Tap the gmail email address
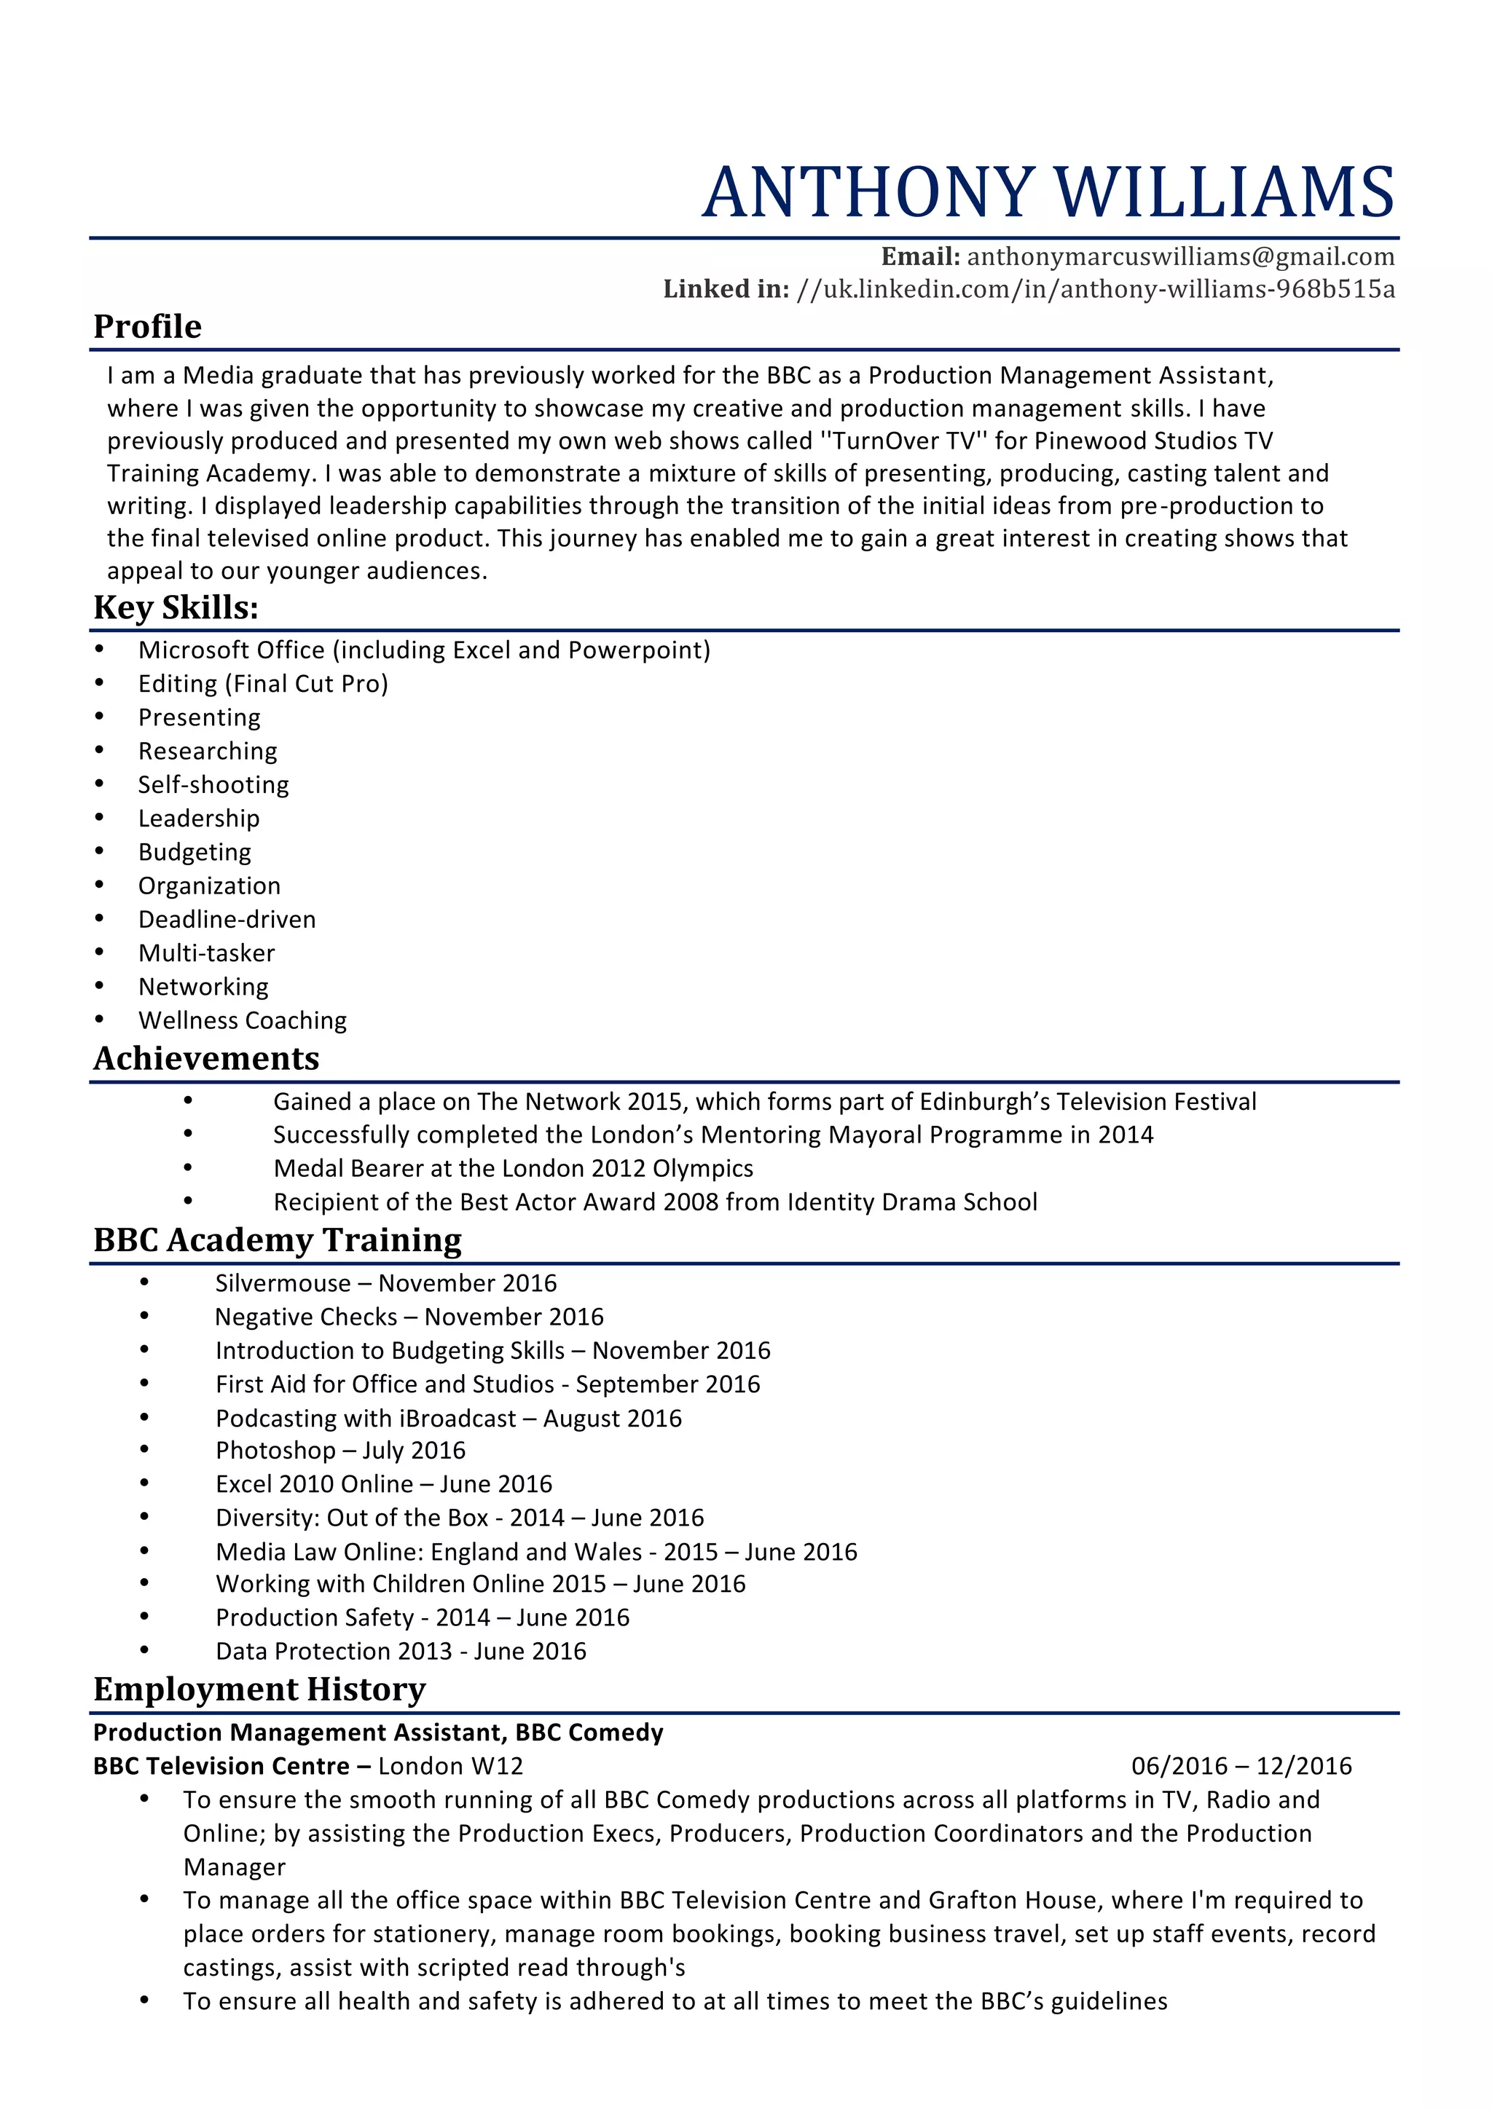[x=1180, y=256]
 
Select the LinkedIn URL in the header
[x=1095, y=289]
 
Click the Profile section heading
[x=147, y=327]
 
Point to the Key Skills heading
[x=176, y=608]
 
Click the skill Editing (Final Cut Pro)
[x=263, y=683]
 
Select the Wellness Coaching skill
[x=243, y=1020]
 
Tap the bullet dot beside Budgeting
[x=99, y=851]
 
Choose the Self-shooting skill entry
[x=213, y=784]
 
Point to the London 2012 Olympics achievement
[x=513, y=1168]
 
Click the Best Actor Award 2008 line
[x=655, y=1202]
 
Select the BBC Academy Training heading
[x=277, y=1240]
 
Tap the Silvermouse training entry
[x=386, y=1283]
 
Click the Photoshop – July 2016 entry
[x=340, y=1451]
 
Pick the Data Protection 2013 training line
[x=401, y=1652]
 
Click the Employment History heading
[x=259, y=1690]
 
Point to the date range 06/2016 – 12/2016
[x=1241, y=1767]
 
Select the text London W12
[x=450, y=1767]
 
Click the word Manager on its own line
[x=235, y=1867]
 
